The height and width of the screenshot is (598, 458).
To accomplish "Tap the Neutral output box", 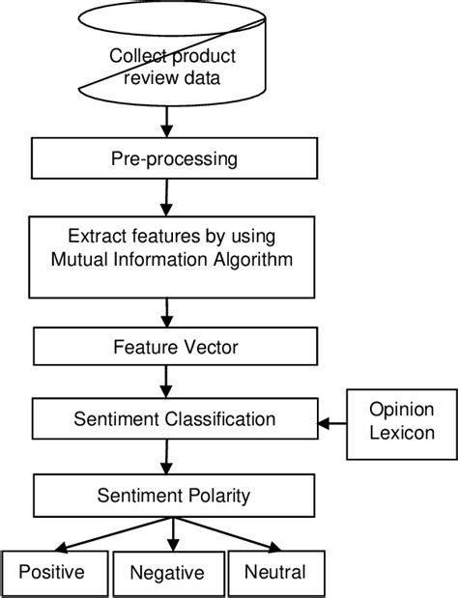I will click(274, 573).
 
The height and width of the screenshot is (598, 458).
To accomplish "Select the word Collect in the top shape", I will click(135, 56).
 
